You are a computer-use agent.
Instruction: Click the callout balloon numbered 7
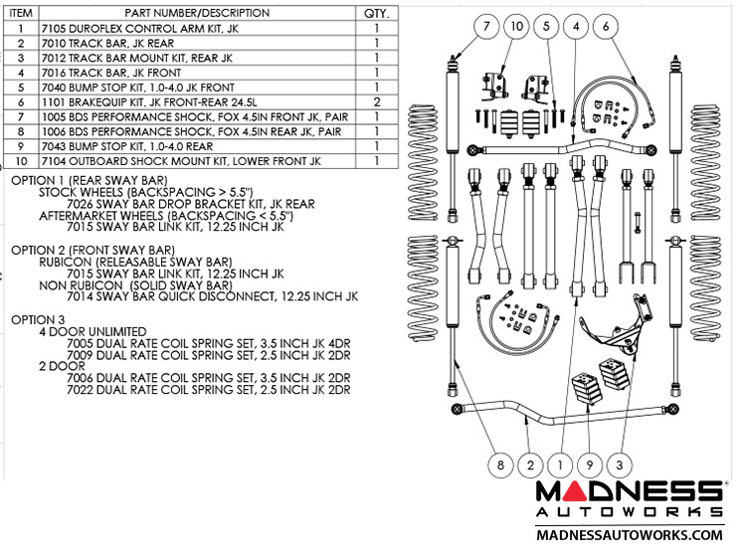(486, 28)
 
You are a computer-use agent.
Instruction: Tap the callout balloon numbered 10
(516, 28)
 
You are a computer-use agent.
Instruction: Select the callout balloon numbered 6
(609, 28)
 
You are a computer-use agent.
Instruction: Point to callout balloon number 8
(501, 463)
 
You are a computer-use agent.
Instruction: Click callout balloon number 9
(590, 463)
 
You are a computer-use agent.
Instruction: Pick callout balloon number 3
(620, 463)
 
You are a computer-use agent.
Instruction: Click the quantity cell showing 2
(376, 101)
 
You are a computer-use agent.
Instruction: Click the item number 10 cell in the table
(20, 160)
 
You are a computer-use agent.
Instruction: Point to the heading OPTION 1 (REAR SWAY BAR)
(89, 180)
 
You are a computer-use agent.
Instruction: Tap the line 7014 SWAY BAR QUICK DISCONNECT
(211, 296)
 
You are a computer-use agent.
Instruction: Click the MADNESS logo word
(629, 492)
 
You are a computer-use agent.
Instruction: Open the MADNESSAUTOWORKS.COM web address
(629, 535)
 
